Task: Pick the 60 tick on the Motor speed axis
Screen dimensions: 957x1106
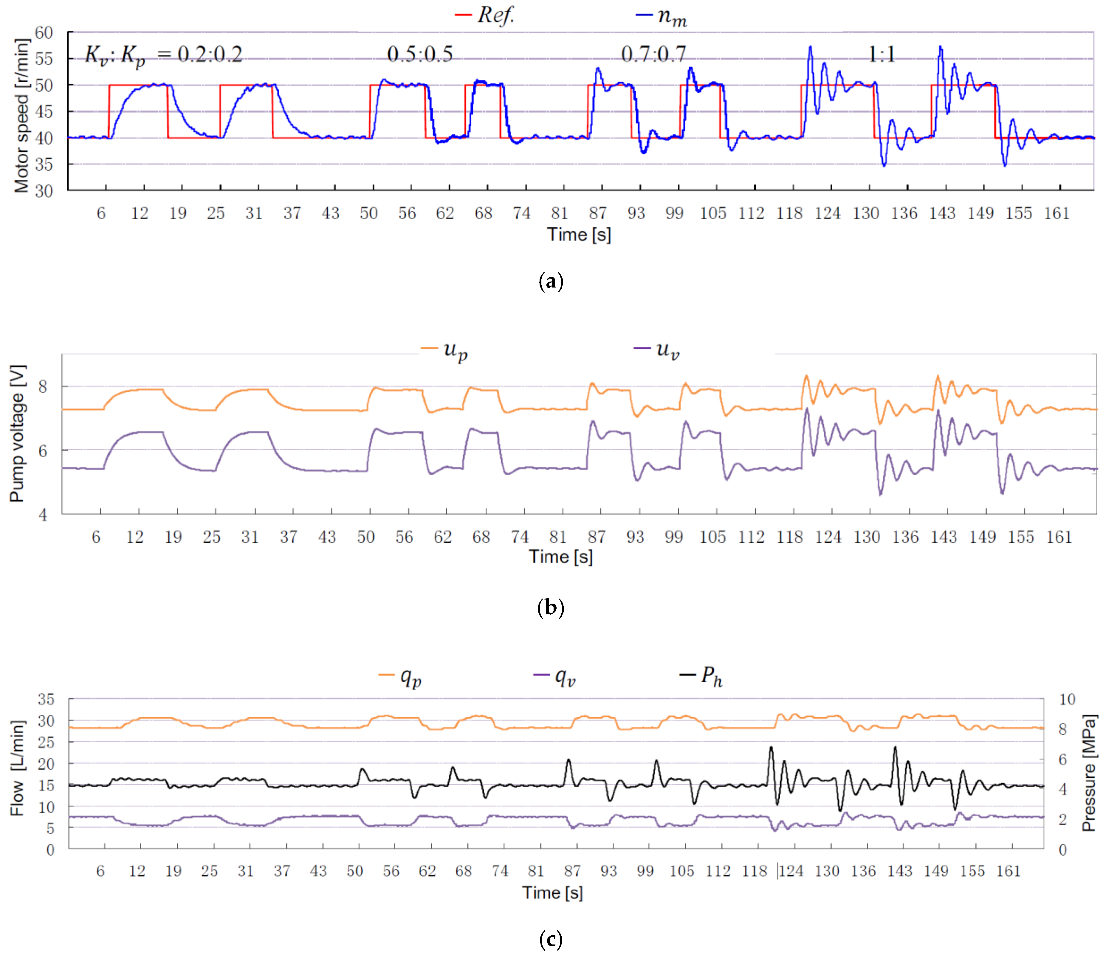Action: click(44, 33)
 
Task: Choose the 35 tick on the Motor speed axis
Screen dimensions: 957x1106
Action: click(44, 164)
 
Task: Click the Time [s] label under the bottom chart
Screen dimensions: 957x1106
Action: click(552, 892)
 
